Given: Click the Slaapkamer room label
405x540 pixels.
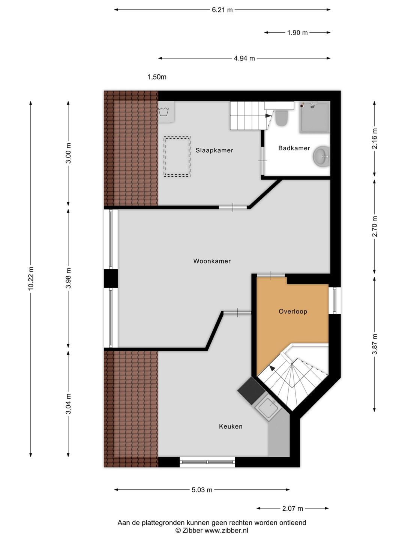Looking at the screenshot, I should click(214, 150).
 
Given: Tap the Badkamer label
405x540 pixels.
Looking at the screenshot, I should click(294, 148).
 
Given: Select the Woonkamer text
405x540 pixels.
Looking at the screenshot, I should click(212, 261).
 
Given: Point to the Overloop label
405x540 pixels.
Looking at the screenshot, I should click(293, 311).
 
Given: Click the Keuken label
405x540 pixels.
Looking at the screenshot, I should click(231, 426).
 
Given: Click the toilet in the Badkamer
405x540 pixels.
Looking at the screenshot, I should click(281, 118).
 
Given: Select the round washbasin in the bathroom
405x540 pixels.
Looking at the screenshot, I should click(321, 156).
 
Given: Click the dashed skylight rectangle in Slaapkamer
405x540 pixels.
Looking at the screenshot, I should click(177, 156).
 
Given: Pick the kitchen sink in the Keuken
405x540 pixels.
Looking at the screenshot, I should click(267, 409).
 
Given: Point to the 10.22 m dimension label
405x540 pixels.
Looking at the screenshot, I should click(31, 278).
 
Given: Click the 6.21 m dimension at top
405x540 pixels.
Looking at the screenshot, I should click(222, 10).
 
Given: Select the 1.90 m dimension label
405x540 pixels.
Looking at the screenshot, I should click(297, 33).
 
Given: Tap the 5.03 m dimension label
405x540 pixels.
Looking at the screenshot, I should click(202, 490).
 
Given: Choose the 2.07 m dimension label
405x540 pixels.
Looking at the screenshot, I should click(292, 508).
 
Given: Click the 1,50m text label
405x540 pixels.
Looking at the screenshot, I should click(157, 77).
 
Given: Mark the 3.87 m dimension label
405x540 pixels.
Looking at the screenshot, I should click(374, 344).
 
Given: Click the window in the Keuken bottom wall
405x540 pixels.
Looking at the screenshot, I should click(207, 462).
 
